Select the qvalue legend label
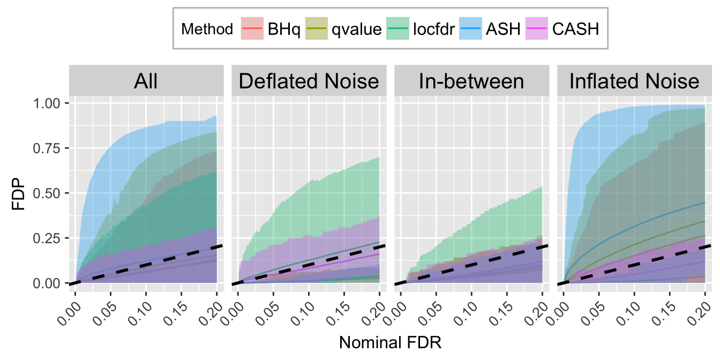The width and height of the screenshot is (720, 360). (356, 28)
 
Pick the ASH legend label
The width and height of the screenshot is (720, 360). (502, 28)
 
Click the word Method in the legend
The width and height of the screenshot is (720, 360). (207, 28)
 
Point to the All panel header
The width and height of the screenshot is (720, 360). (146, 81)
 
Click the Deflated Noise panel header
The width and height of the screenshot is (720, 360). (309, 81)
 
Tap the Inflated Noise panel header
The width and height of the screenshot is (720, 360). (634, 81)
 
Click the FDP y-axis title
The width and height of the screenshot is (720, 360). (19, 193)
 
